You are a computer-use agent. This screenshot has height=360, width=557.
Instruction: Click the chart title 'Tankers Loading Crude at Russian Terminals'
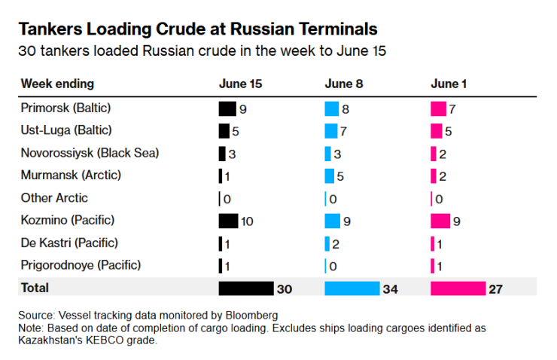click(197, 29)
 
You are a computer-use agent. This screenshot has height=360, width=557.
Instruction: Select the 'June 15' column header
click(241, 84)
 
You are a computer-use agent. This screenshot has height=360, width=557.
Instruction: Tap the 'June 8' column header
click(344, 84)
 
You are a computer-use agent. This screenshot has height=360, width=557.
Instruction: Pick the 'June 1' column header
click(449, 84)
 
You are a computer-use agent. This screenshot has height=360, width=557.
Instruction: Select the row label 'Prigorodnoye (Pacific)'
click(81, 265)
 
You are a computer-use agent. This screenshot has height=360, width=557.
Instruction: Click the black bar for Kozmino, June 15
click(228, 221)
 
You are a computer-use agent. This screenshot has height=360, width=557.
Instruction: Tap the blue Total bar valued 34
click(352, 288)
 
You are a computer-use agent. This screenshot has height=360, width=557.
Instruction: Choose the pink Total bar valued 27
click(458, 288)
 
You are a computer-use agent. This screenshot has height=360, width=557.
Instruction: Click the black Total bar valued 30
click(245, 288)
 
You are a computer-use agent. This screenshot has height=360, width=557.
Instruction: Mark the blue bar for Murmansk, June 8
click(329, 175)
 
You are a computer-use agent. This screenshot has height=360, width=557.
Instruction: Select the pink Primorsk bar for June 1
click(438, 108)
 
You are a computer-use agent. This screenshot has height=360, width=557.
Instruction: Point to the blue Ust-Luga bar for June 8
click(331, 131)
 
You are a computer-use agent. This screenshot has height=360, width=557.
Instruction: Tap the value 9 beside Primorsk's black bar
click(243, 109)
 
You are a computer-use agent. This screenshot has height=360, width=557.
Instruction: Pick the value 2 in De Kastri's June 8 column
click(336, 244)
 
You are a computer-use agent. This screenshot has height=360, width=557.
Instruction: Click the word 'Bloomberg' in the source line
click(252, 314)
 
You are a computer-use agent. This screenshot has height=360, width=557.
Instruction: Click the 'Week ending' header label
click(57, 84)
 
